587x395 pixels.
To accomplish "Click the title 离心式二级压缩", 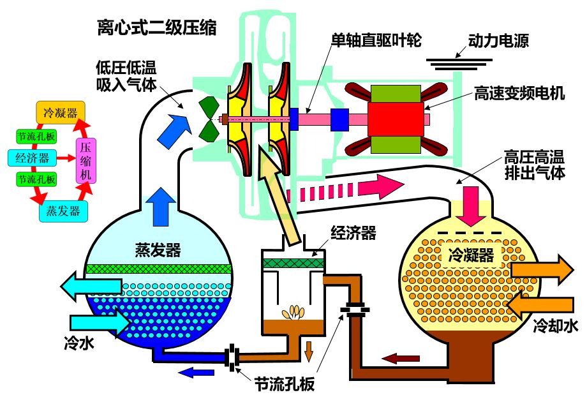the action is [157, 27].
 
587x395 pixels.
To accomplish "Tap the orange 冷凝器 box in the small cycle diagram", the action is [61, 112].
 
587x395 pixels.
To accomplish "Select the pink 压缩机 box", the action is [85, 161].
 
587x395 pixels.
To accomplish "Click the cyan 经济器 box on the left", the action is [32, 158].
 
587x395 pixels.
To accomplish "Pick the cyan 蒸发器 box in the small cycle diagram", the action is [64, 212].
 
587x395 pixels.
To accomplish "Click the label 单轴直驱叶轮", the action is [376, 40].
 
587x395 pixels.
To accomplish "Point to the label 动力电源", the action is [498, 40].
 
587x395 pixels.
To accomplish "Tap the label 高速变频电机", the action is [519, 93].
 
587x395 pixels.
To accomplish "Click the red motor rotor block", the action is [396, 119].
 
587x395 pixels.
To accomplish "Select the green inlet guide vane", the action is [208, 119].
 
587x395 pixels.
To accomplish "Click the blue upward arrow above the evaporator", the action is [161, 207].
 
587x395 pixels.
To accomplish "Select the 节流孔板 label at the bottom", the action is [285, 384].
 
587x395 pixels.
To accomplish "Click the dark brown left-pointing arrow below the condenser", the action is [400, 359].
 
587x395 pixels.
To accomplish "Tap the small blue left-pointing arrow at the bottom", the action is [197, 373].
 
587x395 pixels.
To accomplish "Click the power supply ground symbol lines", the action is [459, 64].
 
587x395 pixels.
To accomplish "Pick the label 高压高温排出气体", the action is [534, 165].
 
